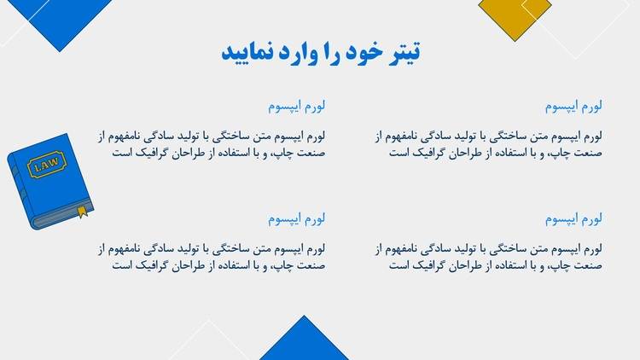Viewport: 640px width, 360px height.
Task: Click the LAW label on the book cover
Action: coord(47,165)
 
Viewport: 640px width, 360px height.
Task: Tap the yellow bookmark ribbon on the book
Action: coord(83,212)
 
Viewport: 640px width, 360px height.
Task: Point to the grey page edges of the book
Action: coord(61,218)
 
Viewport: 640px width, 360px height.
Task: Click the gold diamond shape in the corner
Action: coord(515,16)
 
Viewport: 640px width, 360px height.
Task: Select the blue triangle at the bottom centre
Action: coord(304,342)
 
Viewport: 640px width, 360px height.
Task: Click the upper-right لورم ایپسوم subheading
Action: coord(573,106)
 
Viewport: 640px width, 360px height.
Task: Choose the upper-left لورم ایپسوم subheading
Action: coord(296,106)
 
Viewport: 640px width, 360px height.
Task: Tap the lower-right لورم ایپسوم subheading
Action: coord(573,218)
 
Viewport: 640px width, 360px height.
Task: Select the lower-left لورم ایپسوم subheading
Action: coord(296,218)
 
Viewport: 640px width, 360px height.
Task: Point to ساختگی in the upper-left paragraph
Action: coord(234,136)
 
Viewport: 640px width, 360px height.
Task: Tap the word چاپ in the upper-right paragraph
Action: coord(556,154)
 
